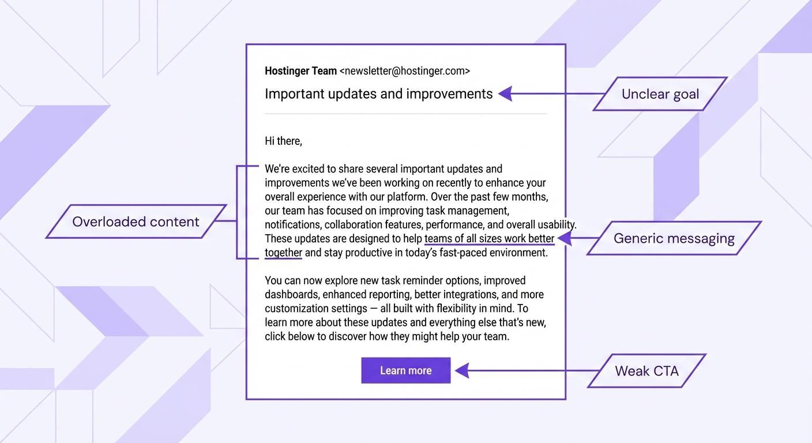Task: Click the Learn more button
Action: click(405, 370)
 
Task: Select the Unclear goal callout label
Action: click(660, 94)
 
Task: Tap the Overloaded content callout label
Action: click(136, 221)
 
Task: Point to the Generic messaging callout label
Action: click(674, 238)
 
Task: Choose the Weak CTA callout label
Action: click(646, 371)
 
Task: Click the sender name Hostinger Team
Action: click(300, 71)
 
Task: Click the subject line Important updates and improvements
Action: click(378, 94)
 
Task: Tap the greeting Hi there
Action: click(283, 141)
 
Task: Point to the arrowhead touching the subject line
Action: click(505, 93)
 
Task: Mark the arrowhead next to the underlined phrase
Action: click(564, 238)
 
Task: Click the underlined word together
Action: click(283, 253)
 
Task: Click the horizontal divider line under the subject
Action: click(405, 114)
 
